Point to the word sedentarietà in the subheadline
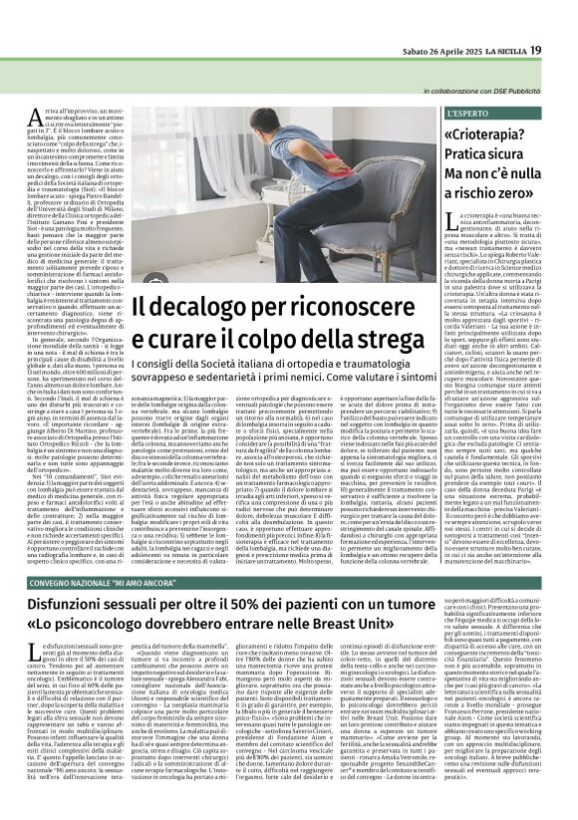click(245, 382)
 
